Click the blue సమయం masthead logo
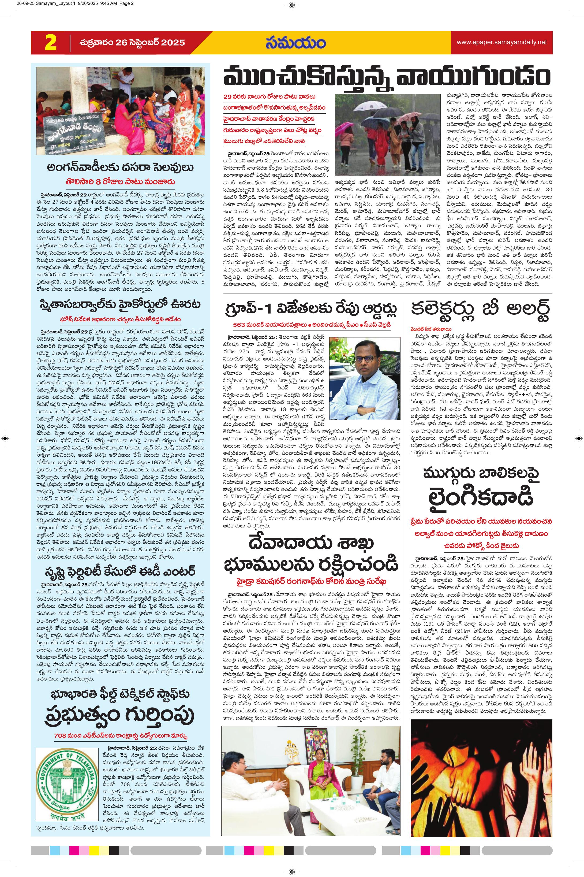pos(295,43)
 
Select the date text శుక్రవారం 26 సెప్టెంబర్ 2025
pos(132,42)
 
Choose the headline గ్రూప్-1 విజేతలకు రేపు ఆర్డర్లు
pos(311,309)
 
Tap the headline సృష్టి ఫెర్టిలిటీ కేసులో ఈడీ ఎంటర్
pos(120,570)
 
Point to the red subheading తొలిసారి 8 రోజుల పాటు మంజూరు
pos(120,182)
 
